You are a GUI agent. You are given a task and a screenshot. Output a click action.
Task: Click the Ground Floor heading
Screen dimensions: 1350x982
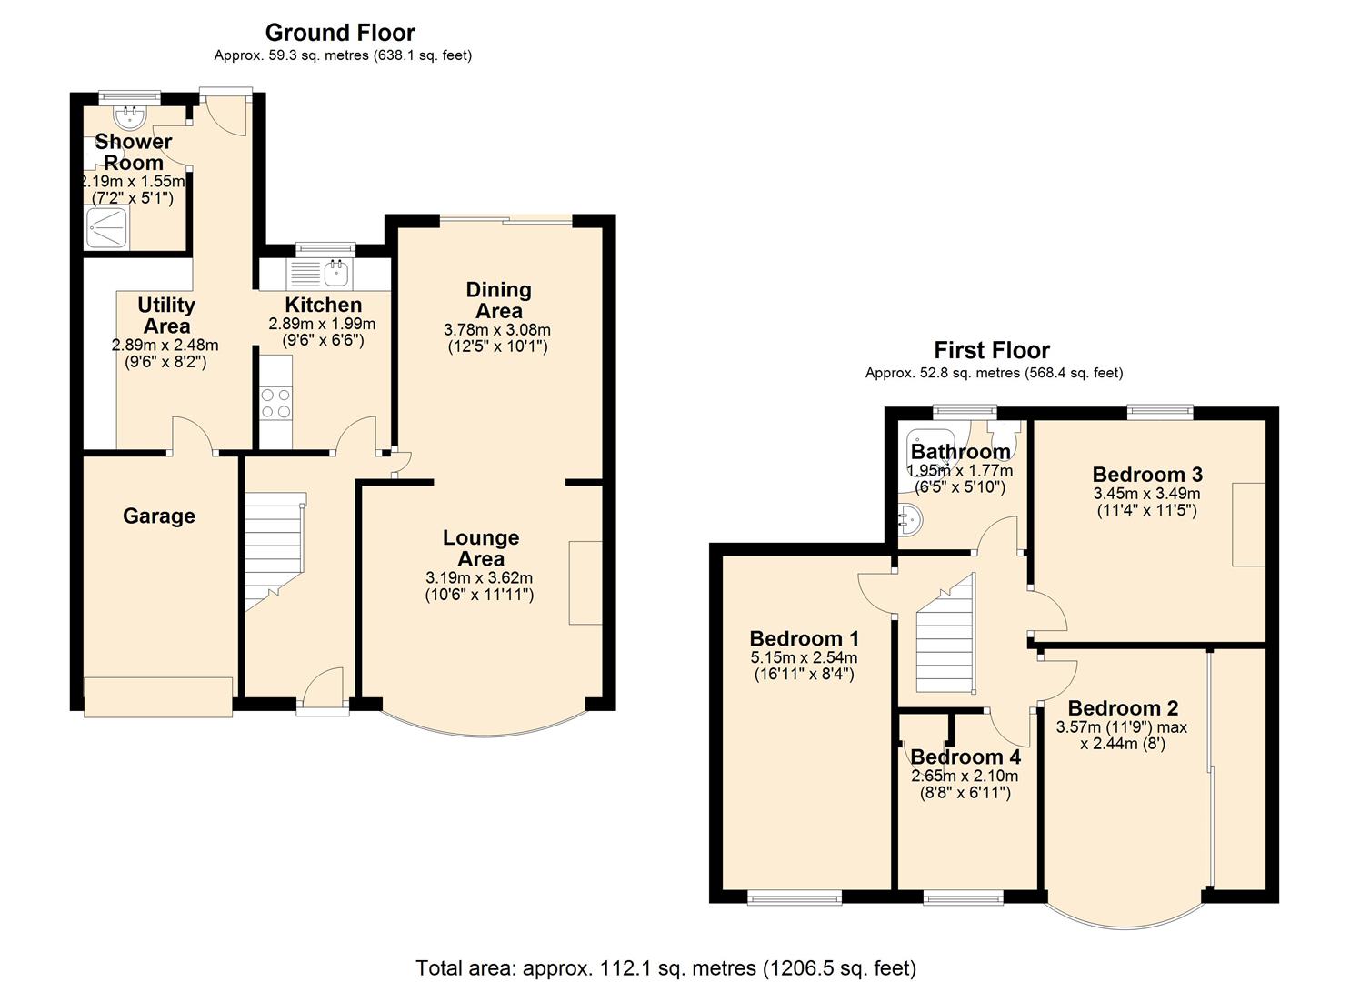coord(340,33)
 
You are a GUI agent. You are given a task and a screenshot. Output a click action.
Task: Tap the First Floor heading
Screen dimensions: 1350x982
coord(992,350)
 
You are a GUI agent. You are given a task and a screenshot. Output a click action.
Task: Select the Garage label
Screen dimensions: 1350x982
coord(159,516)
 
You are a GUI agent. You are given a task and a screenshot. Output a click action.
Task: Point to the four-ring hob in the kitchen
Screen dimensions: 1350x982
coord(276,403)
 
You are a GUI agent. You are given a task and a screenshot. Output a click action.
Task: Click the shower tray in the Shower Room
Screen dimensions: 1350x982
coord(108,227)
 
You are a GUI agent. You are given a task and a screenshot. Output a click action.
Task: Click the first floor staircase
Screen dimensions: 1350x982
coord(945,635)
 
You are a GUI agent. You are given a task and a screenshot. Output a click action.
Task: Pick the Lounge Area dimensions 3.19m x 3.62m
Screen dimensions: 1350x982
coord(479,577)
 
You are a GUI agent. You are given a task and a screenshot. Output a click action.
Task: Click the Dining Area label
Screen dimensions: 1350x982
coord(499,300)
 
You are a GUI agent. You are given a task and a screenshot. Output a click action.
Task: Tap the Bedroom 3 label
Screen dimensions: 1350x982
coord(1147,475)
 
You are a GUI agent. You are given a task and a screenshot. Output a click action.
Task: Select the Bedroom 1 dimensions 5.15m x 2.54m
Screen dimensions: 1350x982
coord(804,657)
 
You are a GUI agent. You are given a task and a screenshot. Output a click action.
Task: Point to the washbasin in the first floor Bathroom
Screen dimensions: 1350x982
coord(910,519)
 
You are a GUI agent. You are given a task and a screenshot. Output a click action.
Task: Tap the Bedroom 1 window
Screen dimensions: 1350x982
coord(795,899)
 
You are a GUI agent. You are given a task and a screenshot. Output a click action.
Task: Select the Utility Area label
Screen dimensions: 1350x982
coord(166,316)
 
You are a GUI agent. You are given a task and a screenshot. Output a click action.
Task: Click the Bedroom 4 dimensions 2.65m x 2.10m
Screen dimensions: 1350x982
coord(965,776)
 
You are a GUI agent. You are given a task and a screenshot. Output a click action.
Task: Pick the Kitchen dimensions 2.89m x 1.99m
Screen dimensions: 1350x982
coord(322,324)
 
